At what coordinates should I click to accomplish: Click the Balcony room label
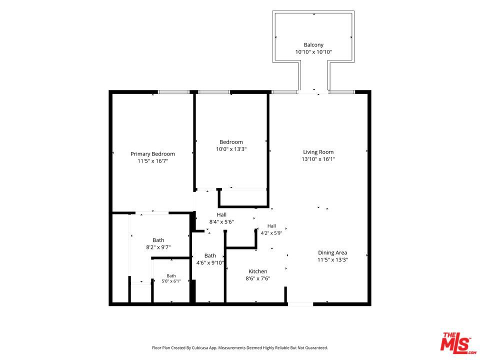313,44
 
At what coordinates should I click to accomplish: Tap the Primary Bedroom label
153,154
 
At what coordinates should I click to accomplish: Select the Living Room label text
318,152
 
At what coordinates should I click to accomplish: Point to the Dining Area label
332,252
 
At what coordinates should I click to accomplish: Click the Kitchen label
258,271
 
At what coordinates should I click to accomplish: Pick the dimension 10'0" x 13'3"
231,149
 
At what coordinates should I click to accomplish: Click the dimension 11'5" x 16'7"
153,161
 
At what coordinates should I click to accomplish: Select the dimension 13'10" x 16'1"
318,159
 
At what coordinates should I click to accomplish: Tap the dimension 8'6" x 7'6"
258,278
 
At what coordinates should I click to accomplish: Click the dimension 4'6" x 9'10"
210,262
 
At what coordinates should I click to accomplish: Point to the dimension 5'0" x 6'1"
171,281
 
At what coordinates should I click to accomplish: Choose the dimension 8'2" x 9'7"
158,247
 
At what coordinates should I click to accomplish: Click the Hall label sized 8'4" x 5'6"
221,214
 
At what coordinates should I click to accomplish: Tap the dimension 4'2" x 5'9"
271,233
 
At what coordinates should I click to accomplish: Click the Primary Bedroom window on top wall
173,92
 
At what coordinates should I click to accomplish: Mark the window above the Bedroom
214,92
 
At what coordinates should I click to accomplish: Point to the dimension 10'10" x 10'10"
313,52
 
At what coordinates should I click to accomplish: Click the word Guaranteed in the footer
317,348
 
